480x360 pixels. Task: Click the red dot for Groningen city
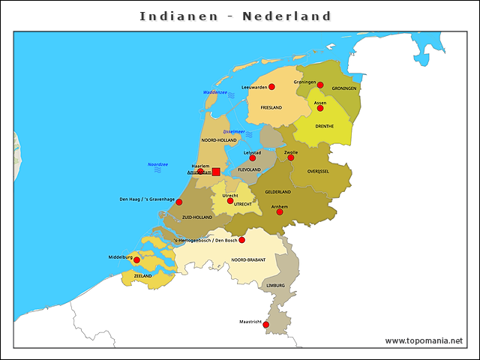[x=320, y=85]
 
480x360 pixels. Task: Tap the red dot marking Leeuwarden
[x=271, y=87]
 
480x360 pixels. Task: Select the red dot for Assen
[x=320, y=108]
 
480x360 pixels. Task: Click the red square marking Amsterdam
[x=216, y=172]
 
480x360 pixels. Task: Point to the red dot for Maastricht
[x=266, y=325]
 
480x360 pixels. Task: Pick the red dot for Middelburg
[x=136, y=260]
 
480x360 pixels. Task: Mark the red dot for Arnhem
[x=280, y=211]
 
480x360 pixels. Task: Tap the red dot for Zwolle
[x=291, y=157]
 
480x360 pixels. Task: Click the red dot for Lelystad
[x=253, y=158]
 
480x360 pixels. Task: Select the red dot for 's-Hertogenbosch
[x=241, y=240]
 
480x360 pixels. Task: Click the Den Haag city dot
[x=179, y=202]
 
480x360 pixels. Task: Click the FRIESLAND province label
[x=271, y=108]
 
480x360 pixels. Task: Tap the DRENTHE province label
[x=325, y=126]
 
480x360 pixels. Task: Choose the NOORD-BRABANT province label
[x=249, y=259]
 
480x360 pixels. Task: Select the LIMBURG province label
[x=275, y=286]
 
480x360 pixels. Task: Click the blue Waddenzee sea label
[x=214, y=92]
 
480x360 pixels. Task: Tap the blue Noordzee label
[x=157, y=164]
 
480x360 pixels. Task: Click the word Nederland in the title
[x=286, y=16]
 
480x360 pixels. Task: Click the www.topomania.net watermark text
[x=424, y=341]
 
